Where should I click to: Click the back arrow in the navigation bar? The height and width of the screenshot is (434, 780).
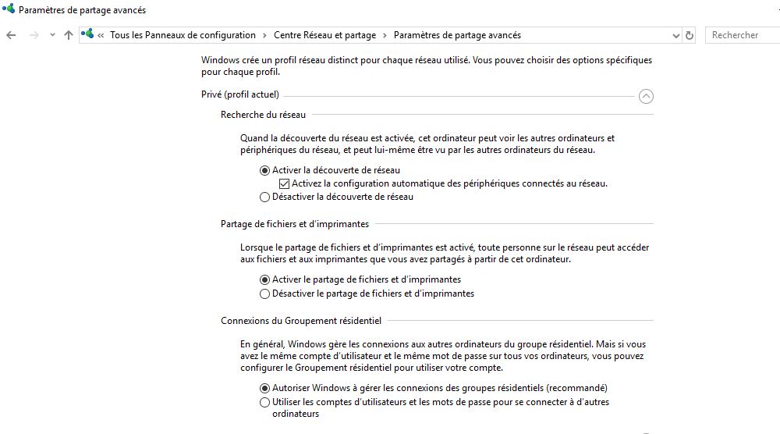tap(11, 35)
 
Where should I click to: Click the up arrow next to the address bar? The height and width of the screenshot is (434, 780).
tap(69, 35)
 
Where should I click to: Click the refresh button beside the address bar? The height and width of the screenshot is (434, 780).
tap(690, 35)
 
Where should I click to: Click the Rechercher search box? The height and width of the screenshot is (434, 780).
tap(741, 35)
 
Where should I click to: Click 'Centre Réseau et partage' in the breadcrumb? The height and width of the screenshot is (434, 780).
tap(324, 35)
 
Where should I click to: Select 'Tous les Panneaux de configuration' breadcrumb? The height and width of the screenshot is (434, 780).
tap(183, 35)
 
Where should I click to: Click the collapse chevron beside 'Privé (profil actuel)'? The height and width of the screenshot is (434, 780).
tap(646, 96)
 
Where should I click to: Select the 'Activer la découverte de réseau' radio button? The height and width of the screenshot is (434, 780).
tap(265, 170)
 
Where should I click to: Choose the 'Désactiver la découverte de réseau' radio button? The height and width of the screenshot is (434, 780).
tap(265, 197)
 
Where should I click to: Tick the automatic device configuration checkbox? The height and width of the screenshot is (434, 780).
tap(285, 184)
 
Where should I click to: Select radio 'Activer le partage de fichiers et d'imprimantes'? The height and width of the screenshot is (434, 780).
tap(265, 279)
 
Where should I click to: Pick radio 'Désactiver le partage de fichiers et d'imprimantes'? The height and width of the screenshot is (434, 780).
tap(265, 294)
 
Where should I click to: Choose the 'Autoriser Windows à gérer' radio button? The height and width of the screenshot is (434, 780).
tap(265, 388)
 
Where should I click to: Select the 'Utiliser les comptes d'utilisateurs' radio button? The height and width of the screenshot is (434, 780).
tap(265, 403)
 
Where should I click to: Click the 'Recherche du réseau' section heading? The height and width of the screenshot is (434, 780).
tap(263, 115)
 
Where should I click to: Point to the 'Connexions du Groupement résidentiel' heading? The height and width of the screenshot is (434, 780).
tap(301, 321)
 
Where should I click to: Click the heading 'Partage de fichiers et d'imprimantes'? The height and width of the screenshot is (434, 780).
tap(295, 224)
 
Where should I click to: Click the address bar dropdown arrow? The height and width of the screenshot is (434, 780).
tap(675, 35)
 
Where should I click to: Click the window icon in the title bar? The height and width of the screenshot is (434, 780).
tap(8, 10)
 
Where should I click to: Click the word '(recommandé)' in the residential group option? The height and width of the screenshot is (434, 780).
tap(576, 388)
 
